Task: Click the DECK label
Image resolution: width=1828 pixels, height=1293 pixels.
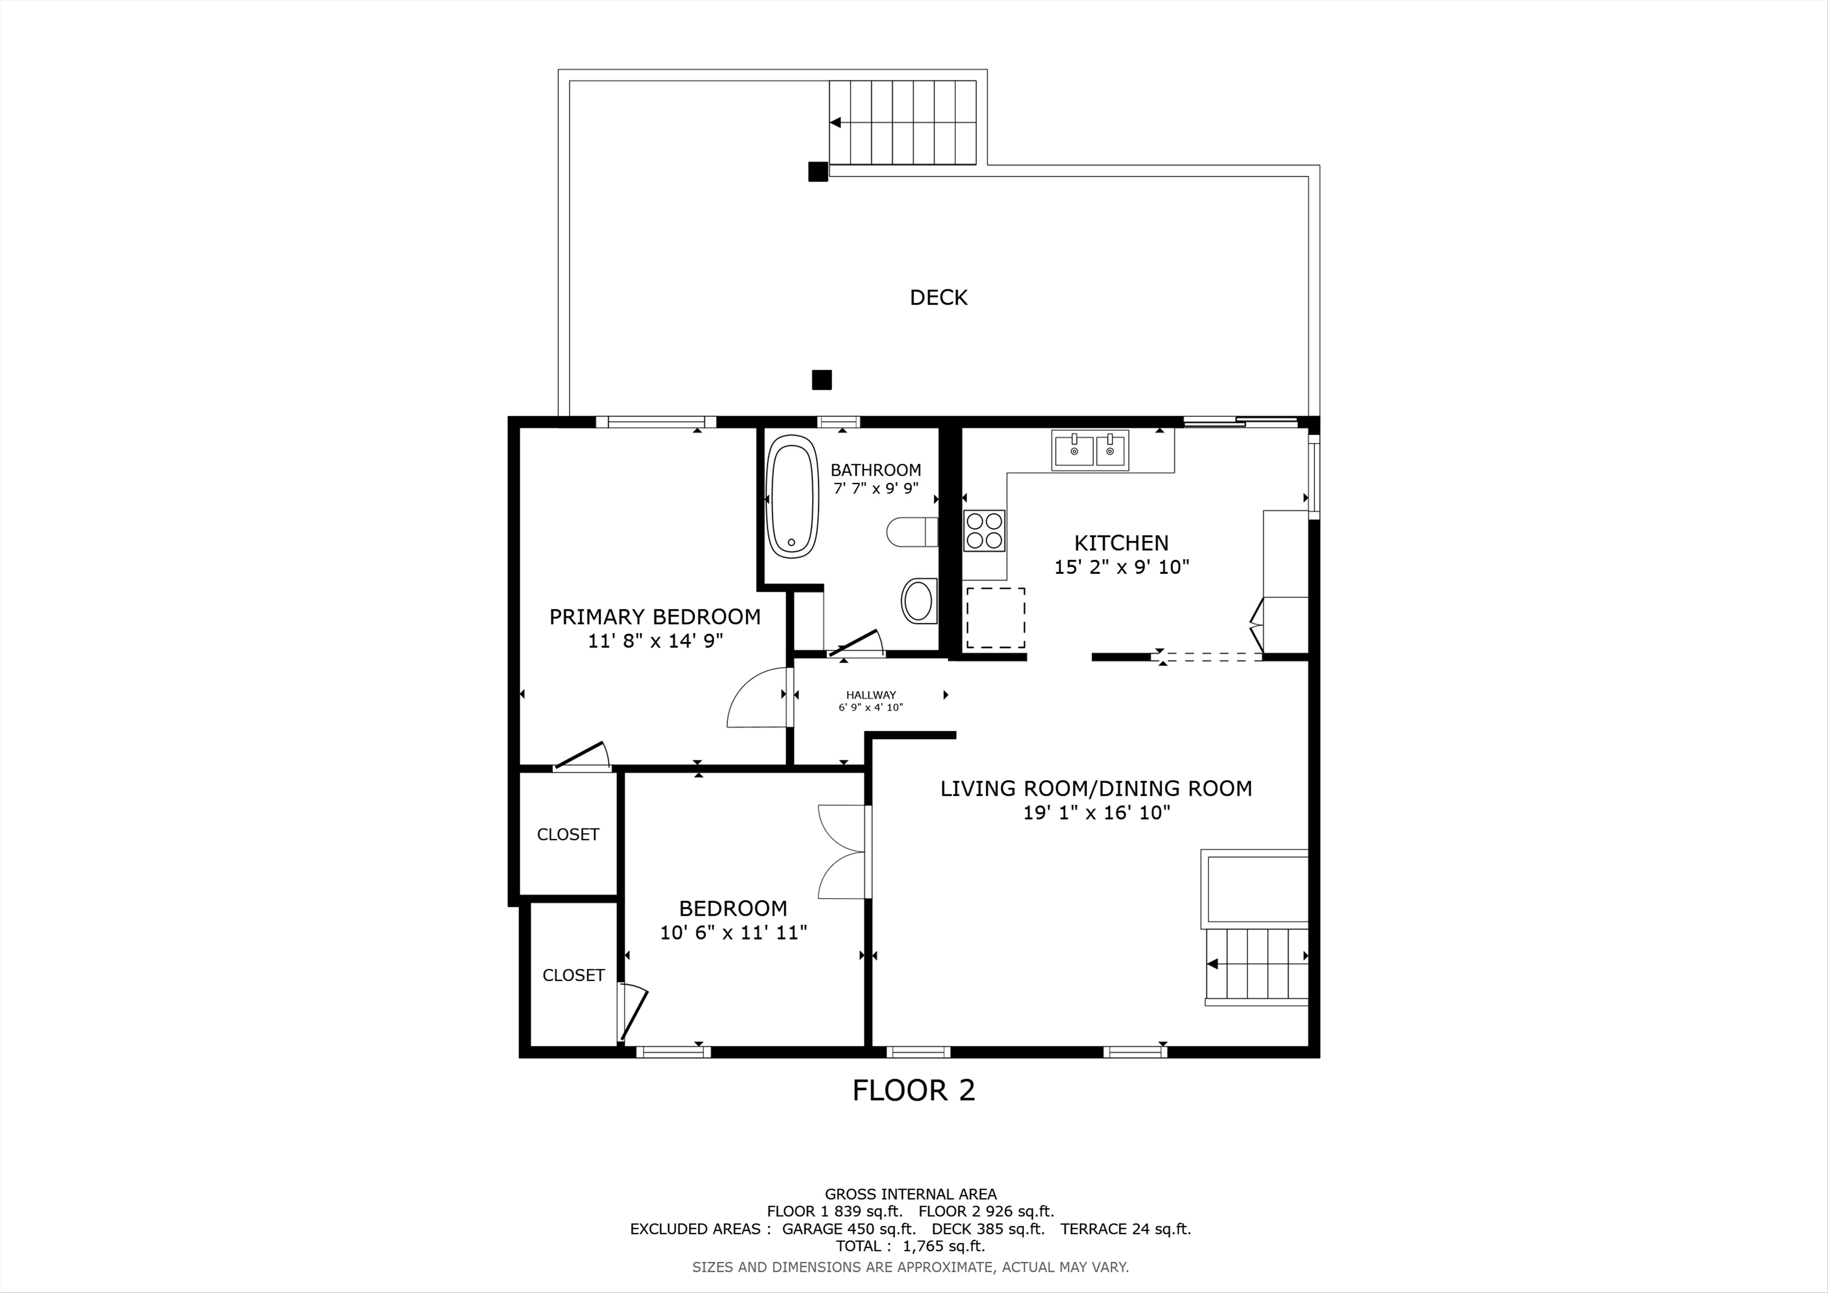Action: click(x=939, y=298)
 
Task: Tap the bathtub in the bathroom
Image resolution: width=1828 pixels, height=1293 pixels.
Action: click(x=792, y=496)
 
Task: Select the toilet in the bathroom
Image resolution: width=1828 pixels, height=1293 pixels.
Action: click(x=913, y=532)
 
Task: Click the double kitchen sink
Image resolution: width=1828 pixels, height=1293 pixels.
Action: click(x=1090, y=451)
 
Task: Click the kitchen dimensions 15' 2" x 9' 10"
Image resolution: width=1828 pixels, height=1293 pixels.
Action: click(x=1122, y=567)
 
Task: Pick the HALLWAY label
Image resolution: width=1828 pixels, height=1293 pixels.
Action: click(x=871, y=695)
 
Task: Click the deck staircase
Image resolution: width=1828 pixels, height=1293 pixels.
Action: click(x=903, y=122)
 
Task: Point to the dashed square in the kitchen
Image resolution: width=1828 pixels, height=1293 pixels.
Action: click(x=995, y=618)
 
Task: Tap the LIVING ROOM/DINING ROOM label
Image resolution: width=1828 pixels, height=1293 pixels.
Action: click(x=1096, y=788)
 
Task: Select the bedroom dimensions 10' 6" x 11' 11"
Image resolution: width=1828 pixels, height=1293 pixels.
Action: click(x=733, y=932)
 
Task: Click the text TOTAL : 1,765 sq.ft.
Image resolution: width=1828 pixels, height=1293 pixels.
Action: click(x=910, y=1246)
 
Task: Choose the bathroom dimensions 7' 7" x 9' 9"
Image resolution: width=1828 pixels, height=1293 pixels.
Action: click(x=876, y=488)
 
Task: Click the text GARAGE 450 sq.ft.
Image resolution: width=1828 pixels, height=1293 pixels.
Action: click(x=849, y=1229)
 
